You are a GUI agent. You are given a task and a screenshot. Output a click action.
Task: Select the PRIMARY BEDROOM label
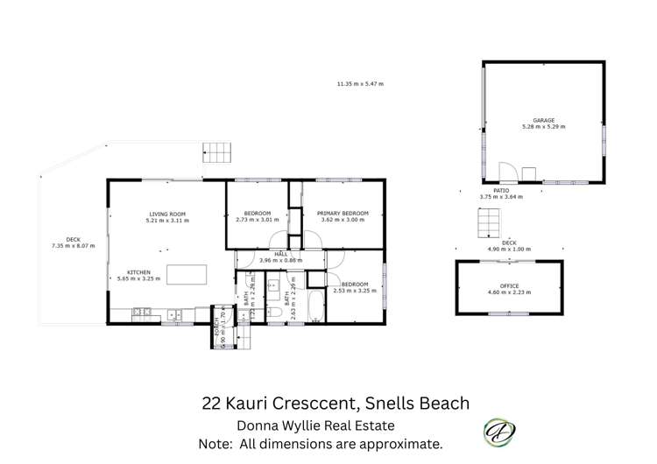tap(343, 214)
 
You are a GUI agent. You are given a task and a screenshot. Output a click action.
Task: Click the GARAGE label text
tap(544, 121)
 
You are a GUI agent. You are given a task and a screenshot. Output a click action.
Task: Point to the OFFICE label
tap(509, 286)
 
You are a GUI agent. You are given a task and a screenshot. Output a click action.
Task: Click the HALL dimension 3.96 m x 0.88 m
tap(281, 261)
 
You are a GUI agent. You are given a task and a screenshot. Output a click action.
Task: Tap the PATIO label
tap(501, 190)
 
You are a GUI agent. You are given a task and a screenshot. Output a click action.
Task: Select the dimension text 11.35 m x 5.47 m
tap(360, 84)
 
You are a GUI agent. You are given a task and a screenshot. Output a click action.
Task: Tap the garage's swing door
tap(506, 172)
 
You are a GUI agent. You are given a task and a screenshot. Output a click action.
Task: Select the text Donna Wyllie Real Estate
tap(316, 425)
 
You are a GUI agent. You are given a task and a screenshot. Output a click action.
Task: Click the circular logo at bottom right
tap(499, 431)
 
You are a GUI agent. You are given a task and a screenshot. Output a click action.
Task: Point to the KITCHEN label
tap(140, 272)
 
